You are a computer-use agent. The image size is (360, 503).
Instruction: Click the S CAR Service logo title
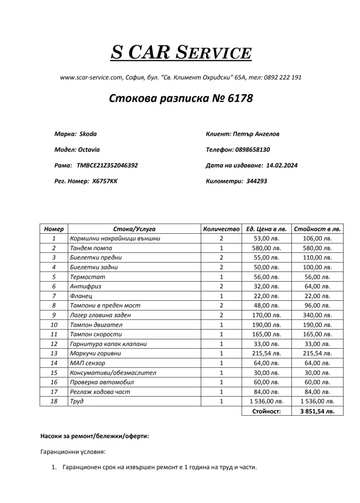[x=181, y=52]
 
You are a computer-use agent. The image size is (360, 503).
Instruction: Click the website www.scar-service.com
[x=91, y=77]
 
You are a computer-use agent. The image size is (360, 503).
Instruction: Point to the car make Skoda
[x=88, y=134]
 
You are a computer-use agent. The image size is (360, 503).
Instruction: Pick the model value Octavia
[x=89, y=150]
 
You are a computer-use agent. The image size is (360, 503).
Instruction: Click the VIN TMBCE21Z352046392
[x=107, y=165]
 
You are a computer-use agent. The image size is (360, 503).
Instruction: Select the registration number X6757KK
[x=105, y=181]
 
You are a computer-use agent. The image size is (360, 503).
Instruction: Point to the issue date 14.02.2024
[x=282, y=165]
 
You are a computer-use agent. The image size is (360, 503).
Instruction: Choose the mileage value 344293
[x=257, y=181]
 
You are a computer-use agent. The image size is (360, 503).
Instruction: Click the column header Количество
[x=221, y=229]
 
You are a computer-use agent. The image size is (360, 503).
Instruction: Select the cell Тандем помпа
[x=91, y=248]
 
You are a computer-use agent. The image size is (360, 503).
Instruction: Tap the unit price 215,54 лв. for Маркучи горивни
[x=266, y=353]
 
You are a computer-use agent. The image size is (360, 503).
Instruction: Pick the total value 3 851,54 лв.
[x=317, y=411]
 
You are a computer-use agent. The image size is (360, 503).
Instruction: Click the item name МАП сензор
[x=88, y=363]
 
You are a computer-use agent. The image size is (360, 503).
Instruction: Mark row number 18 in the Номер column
[x=54, y=401]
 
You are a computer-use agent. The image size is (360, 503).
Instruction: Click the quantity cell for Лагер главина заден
[x=221, y=315]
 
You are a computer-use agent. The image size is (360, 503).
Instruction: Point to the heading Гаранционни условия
[x=73, y=452]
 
